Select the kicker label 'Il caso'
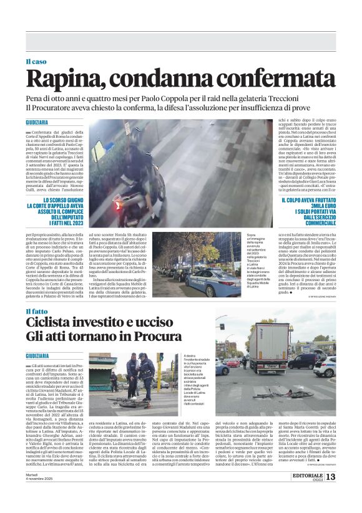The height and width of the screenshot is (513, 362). point(36,61)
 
